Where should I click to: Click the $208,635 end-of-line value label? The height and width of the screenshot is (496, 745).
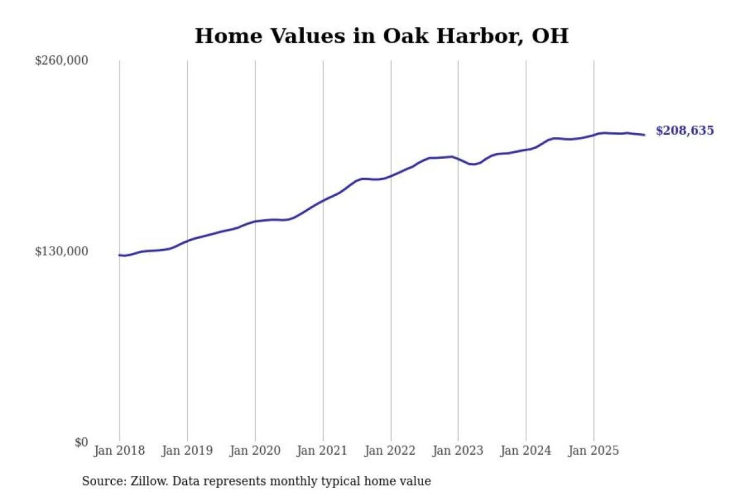(684, 131)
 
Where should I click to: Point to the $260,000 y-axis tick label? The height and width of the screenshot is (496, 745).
(62, 60)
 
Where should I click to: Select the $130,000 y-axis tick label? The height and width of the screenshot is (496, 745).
(62, 252)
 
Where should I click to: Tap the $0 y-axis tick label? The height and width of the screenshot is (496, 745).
(81, 442)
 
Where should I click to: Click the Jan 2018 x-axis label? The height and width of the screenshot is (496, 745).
(119, 451)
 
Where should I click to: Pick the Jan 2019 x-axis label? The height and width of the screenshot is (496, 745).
(187, 451)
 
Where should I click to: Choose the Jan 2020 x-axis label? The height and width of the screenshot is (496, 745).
(255, 451)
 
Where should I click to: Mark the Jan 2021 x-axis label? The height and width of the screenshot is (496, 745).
(322, 451)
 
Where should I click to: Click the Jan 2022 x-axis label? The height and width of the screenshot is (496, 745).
(390, 451)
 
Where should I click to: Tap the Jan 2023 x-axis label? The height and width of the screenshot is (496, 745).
(457, 451)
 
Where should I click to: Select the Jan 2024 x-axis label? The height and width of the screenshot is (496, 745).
(525, 451)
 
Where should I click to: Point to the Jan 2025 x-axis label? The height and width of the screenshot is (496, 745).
(593, 451)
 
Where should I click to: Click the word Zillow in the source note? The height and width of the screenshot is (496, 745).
(148, 482)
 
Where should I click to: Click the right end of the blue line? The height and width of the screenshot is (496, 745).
(644, 135)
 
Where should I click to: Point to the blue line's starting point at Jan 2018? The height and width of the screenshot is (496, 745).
(120, 255)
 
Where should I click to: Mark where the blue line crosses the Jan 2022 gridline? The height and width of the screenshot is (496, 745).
(391, 176)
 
